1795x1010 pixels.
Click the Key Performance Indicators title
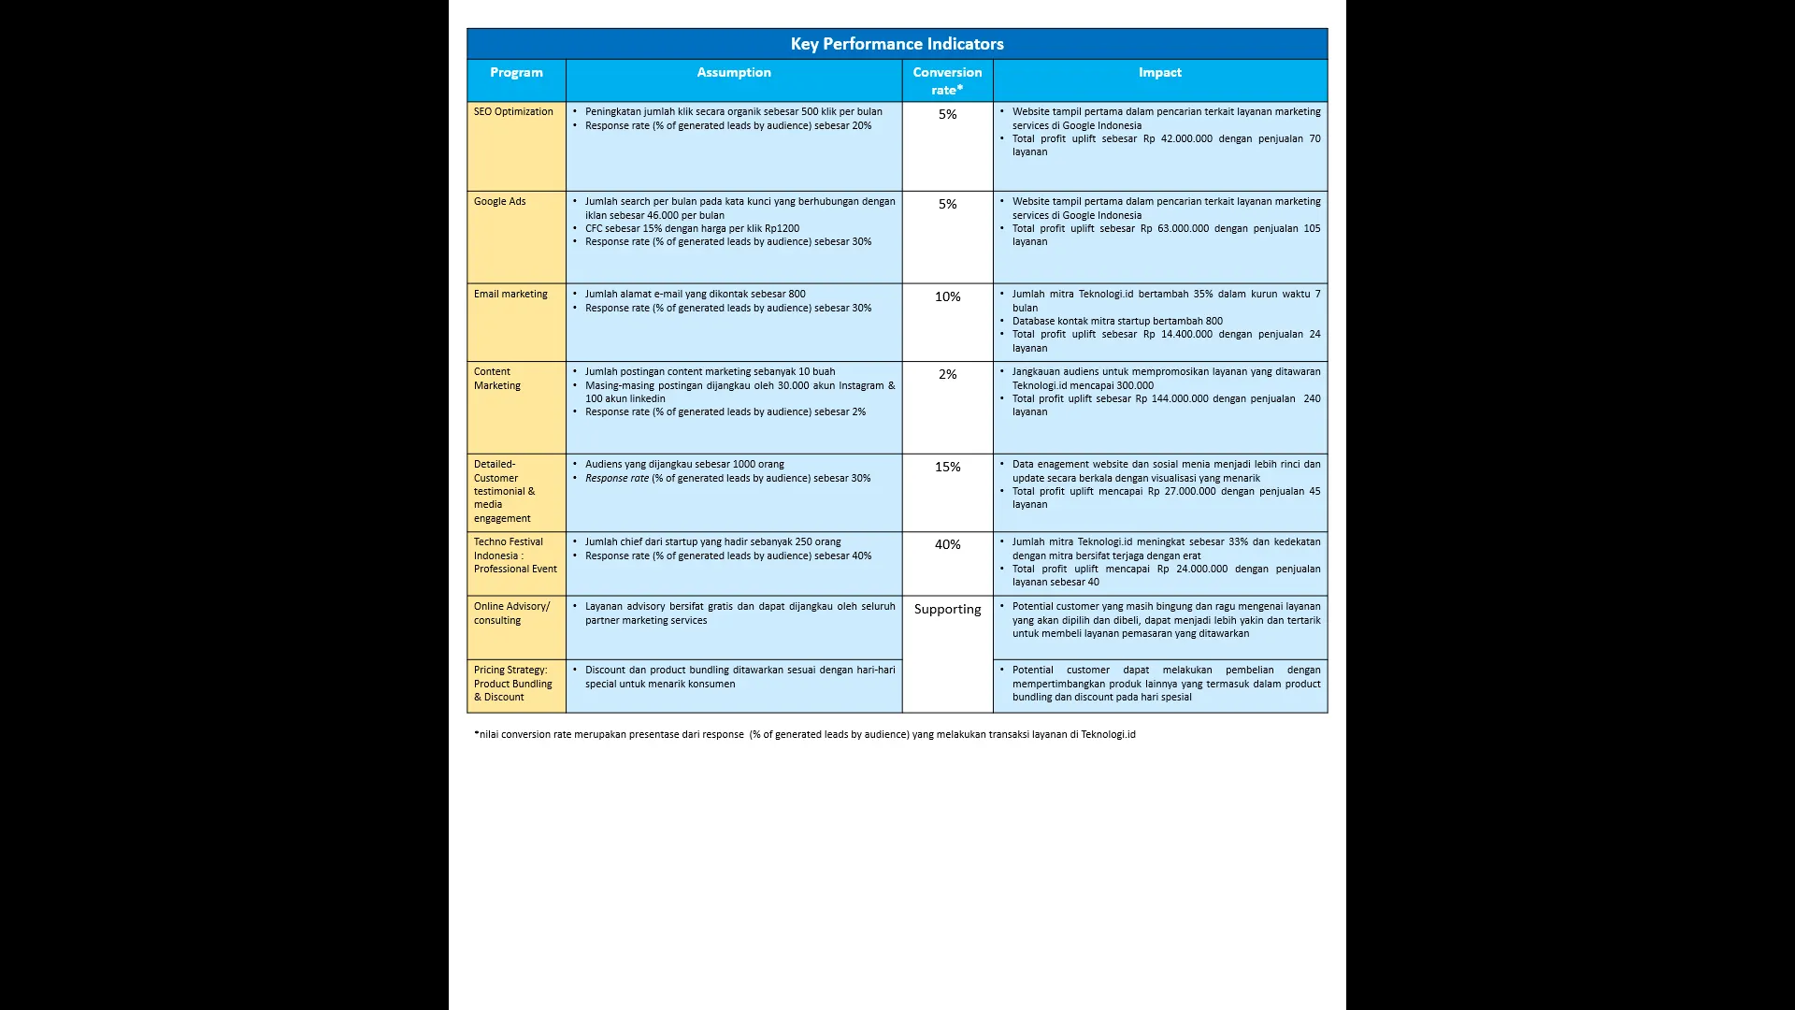coord(897,44)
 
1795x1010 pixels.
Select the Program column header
coord(516,72)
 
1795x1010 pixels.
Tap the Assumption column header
coord(734,72)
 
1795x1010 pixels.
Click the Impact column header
coord(1159,72)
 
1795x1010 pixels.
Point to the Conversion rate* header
coord(947,80)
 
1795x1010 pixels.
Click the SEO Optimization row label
coord(513,111)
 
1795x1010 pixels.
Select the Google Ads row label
coord(499,201)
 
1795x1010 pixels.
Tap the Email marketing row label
coord(510,294)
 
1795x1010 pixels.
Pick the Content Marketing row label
coord(496,378)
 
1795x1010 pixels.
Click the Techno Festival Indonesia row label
coord(514,555)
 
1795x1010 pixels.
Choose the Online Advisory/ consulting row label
coord(511,613)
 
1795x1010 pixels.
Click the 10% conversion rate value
coord(947,296)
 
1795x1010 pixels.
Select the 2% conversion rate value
coord(947,374)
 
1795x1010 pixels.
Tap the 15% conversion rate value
coord(947,467)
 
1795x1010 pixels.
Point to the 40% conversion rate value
coord(947,544)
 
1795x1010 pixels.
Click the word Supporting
coord(947,609)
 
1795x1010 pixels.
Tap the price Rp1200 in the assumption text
coord(782,228)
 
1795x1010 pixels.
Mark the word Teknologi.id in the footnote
coord(1108,734)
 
